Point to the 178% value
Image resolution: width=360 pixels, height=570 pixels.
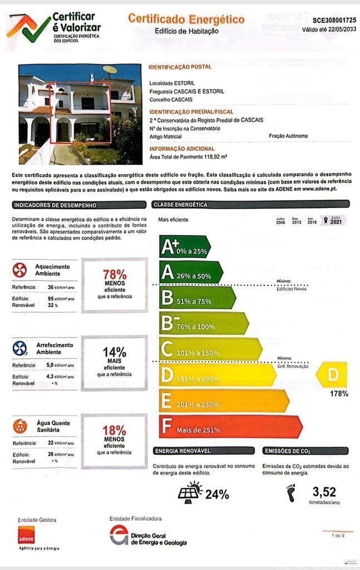339,394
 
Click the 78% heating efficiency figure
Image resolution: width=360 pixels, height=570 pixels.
115,274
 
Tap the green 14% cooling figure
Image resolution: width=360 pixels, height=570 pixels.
114,352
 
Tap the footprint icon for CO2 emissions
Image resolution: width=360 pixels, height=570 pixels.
290,493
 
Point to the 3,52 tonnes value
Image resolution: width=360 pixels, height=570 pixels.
324,492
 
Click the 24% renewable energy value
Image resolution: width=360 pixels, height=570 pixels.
217,494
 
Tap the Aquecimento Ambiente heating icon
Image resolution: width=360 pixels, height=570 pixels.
19,271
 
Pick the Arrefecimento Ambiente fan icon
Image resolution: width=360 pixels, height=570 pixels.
19,348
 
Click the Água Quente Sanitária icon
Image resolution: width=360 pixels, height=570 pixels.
19,426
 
